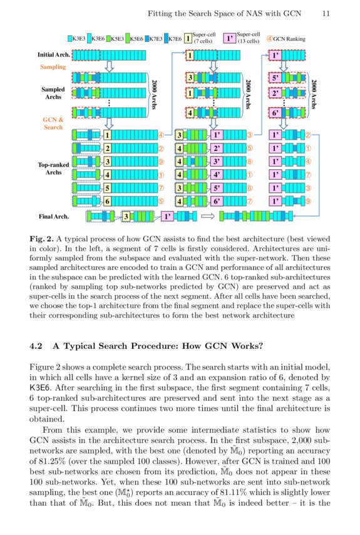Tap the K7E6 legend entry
point(172,38)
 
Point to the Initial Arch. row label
point(54,55)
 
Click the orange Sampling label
point(53,66)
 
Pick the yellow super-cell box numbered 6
point(107,202)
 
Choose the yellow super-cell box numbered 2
point(107,148)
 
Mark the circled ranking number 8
point(250,162)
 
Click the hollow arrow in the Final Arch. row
point(207,216)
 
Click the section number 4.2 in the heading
point(36,346)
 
